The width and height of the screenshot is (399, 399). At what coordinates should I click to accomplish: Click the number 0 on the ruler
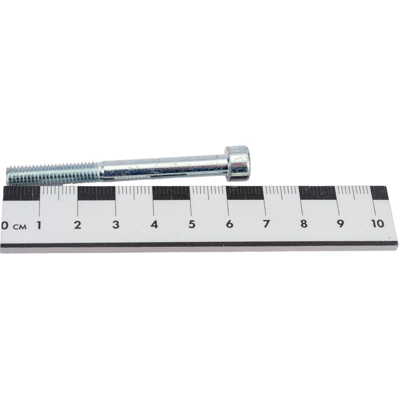4,225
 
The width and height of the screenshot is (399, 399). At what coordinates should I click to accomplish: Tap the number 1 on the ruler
39,225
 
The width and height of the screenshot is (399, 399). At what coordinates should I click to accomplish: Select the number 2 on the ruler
77,225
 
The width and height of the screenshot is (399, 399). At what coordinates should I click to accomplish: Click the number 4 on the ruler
154,224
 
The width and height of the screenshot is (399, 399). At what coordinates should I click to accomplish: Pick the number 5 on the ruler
192,224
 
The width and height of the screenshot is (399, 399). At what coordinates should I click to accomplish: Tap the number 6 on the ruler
229,224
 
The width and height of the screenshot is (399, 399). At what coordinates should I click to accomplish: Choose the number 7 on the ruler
267,224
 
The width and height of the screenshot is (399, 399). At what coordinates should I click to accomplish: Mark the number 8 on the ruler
304,223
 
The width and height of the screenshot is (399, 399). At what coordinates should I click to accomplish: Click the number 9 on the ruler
340,223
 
